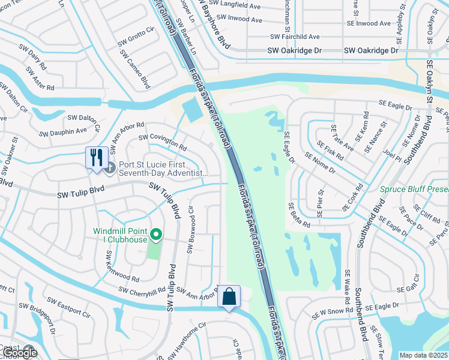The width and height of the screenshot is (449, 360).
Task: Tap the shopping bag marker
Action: pyautogui.click(x=229, y=296)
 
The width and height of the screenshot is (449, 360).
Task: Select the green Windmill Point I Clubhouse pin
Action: pyautogui.click(x=156, y=235)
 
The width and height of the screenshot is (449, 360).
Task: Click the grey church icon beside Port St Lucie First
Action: pyautogui.click(x=109, y=167)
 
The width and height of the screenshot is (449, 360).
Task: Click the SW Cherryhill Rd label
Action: pyautogui.click(x=142, y=291)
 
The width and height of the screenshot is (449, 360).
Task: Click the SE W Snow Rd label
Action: pyautogui.click(x=332, y=311)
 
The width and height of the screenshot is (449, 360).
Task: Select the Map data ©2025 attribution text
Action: pyautogui.click(x=424, y=355)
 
